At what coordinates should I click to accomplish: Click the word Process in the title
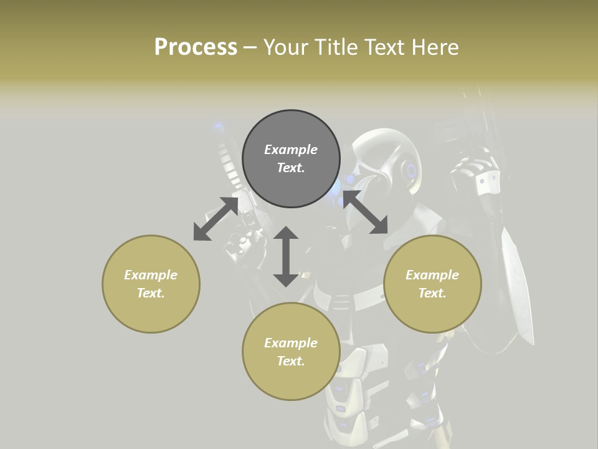[196, 47]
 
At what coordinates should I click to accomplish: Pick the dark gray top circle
[291, 158]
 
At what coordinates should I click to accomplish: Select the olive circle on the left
[151, 284]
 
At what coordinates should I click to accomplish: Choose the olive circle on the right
[432, 284]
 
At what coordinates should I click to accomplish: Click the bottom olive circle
[291, 352]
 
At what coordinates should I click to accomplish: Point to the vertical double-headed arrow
[286, 256]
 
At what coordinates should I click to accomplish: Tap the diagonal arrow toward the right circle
[365, 212]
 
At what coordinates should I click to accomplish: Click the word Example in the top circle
[291, 150]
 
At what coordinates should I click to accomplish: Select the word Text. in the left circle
[151, 293]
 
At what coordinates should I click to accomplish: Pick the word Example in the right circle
[432, 275]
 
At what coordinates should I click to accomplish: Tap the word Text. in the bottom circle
[291, 361]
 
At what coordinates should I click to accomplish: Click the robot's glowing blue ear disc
[411, 170]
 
